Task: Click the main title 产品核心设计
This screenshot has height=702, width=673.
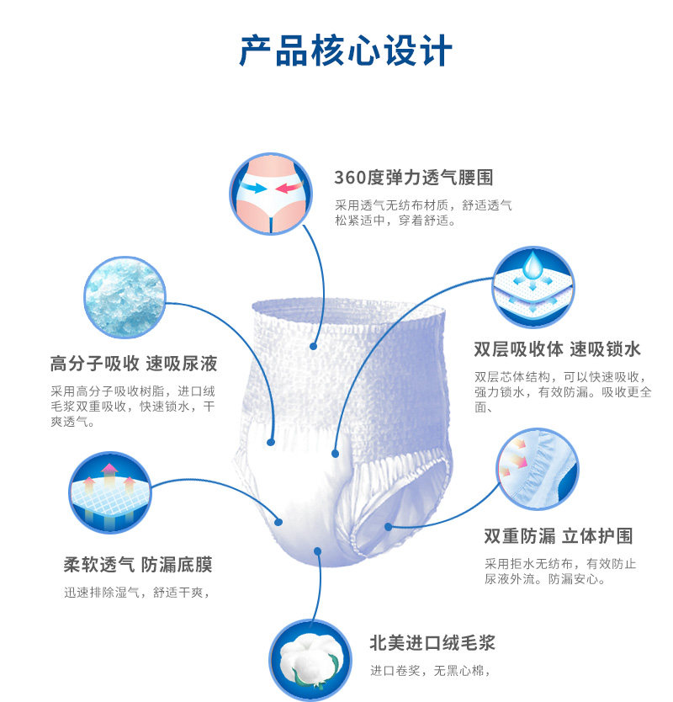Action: coord(345,51)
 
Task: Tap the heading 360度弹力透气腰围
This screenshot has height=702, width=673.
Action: coord(413,178)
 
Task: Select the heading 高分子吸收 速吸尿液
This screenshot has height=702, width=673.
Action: coord(134,364)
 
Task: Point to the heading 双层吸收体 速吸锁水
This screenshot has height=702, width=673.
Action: coord(558,348)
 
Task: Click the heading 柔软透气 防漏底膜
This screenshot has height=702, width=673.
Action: coord(137,563)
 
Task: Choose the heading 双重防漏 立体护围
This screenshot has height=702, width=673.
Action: coord(558,536)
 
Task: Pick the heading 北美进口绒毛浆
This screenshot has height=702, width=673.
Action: coord(432,643)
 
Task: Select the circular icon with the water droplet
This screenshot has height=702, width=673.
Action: coord(533,287)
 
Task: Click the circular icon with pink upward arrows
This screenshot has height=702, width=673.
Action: coord(108,492)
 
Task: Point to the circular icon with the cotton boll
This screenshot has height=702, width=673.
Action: coord(310,662)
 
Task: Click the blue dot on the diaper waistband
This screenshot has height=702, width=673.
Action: coord(313,345)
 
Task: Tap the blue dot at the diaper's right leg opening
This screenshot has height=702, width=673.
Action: coord(388,527)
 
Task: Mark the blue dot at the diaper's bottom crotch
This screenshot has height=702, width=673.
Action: coord(318,551)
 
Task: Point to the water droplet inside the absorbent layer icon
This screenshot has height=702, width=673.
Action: coord(533,265)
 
